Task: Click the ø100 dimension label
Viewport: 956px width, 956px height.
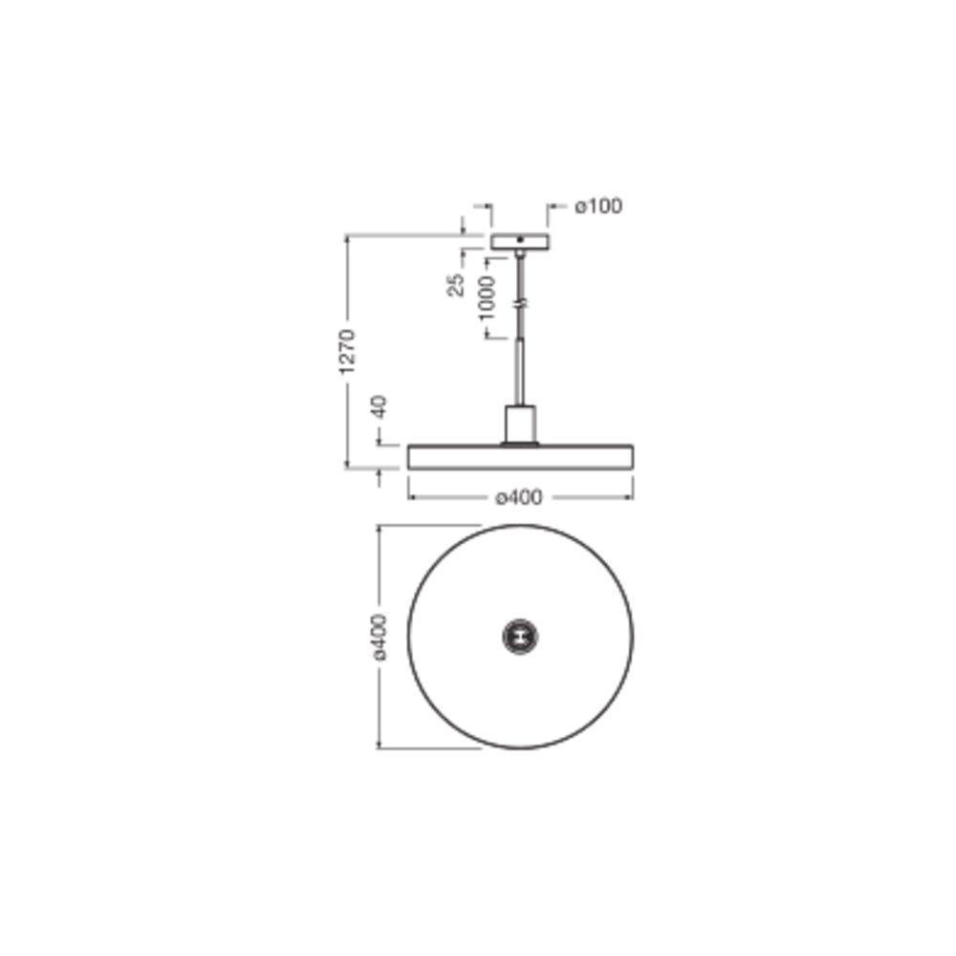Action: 598,206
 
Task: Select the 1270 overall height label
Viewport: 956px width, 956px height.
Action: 347,352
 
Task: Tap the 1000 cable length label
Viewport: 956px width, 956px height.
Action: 486,297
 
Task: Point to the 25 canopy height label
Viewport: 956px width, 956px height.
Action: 456,285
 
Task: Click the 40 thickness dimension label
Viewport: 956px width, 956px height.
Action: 380,406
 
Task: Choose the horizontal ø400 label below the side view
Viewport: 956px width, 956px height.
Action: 519,497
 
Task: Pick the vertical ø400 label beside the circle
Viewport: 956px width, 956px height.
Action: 380,637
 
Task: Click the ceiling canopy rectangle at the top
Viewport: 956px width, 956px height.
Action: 519,242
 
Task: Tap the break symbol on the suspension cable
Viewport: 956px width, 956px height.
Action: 520,303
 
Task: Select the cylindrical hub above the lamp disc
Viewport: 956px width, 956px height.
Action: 520,424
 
